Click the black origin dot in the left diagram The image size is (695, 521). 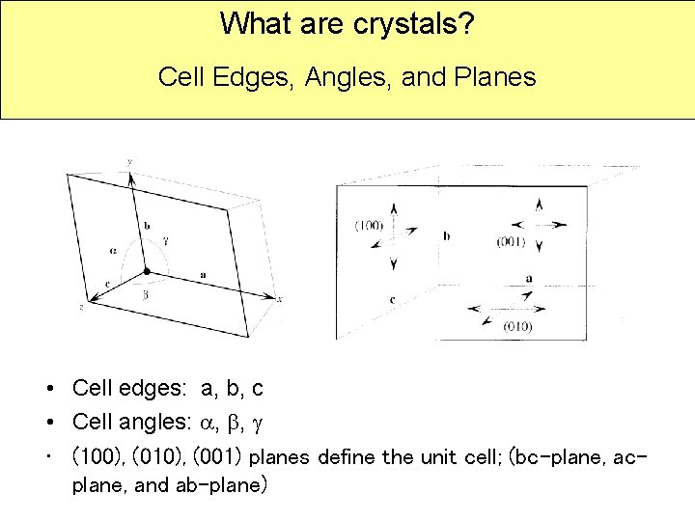point(146,272)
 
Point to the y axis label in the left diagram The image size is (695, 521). point(129,160)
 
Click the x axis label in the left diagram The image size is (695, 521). point(279,299)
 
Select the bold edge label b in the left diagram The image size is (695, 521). point(147,225)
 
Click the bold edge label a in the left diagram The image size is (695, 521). point(203,275)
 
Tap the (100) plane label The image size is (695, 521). point(369,225)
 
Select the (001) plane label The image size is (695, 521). point(510,241)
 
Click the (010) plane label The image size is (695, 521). point(516,326)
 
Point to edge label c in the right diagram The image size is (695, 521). point(391,300)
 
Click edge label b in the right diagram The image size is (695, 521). point(446,234)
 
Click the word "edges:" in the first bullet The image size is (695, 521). point(154,389)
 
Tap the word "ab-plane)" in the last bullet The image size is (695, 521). point(220,485)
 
